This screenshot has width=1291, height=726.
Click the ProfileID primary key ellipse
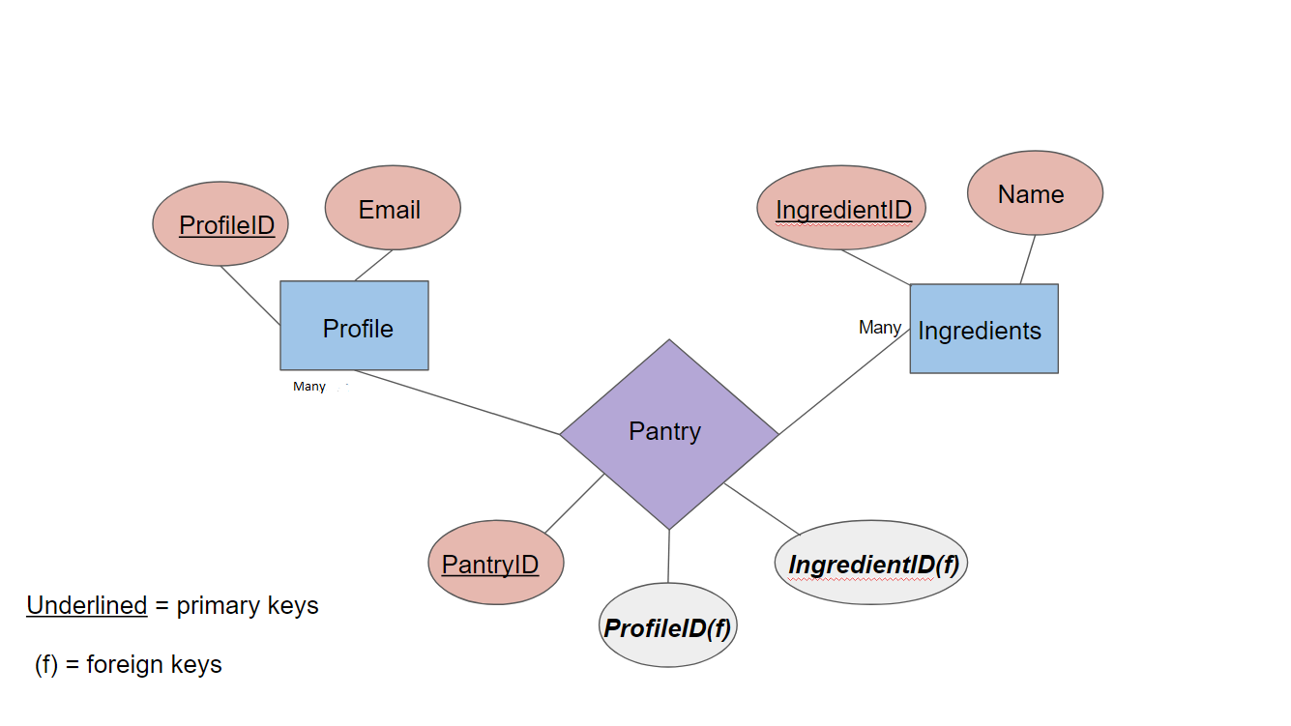pyautogui.click(x=221, y=224)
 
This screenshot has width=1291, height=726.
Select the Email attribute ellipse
pyautogui.click(x=392, y=209)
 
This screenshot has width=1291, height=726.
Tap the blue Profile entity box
pyautogui.click(x=354, y=326)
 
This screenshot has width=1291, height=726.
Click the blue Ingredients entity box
pyautogui.click(x=983, y=329)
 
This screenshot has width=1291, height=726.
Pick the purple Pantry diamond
pyautogui.click(x=668, y=432)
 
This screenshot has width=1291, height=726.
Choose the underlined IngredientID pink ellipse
pyautogui.click(x=840, y=209)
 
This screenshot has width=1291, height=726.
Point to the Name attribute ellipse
pyautogui.click(x=1034, y=193)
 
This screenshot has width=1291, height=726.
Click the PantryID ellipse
pyautogui.click(x=495, y=564)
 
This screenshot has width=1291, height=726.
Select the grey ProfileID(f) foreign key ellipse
pyautogui.click(x=668, y=626)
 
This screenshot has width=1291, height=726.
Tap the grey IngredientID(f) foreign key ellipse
pyautogui.click(x=871, y=564)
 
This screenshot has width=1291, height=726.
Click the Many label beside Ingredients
pyautogui.click(x=879, y=328)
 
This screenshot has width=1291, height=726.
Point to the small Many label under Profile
pyautogui.click(x=309, y=387)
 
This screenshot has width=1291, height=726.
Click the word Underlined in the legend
pyautogui.click(x=87, y=606)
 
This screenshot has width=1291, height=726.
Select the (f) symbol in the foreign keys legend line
pyautogui.click(x=46, y=665)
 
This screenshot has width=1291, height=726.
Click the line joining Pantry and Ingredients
pyautogui.click(x=843, y=381)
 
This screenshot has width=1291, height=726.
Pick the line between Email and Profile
pyautogui.click(x=374, y=266)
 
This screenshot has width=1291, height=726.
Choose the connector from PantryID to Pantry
pyautogui.click(x=574, y=503)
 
